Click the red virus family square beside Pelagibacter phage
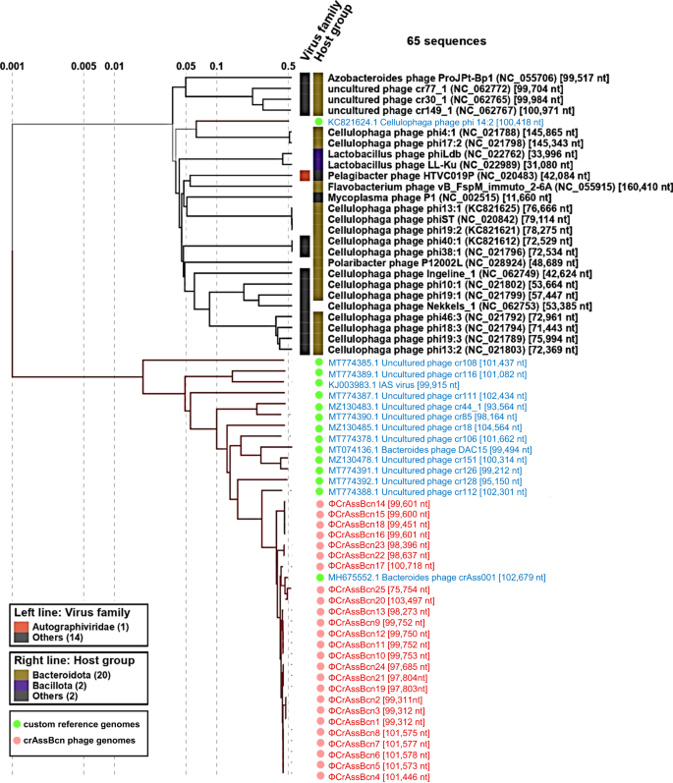305,175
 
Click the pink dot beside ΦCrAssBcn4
319,775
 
